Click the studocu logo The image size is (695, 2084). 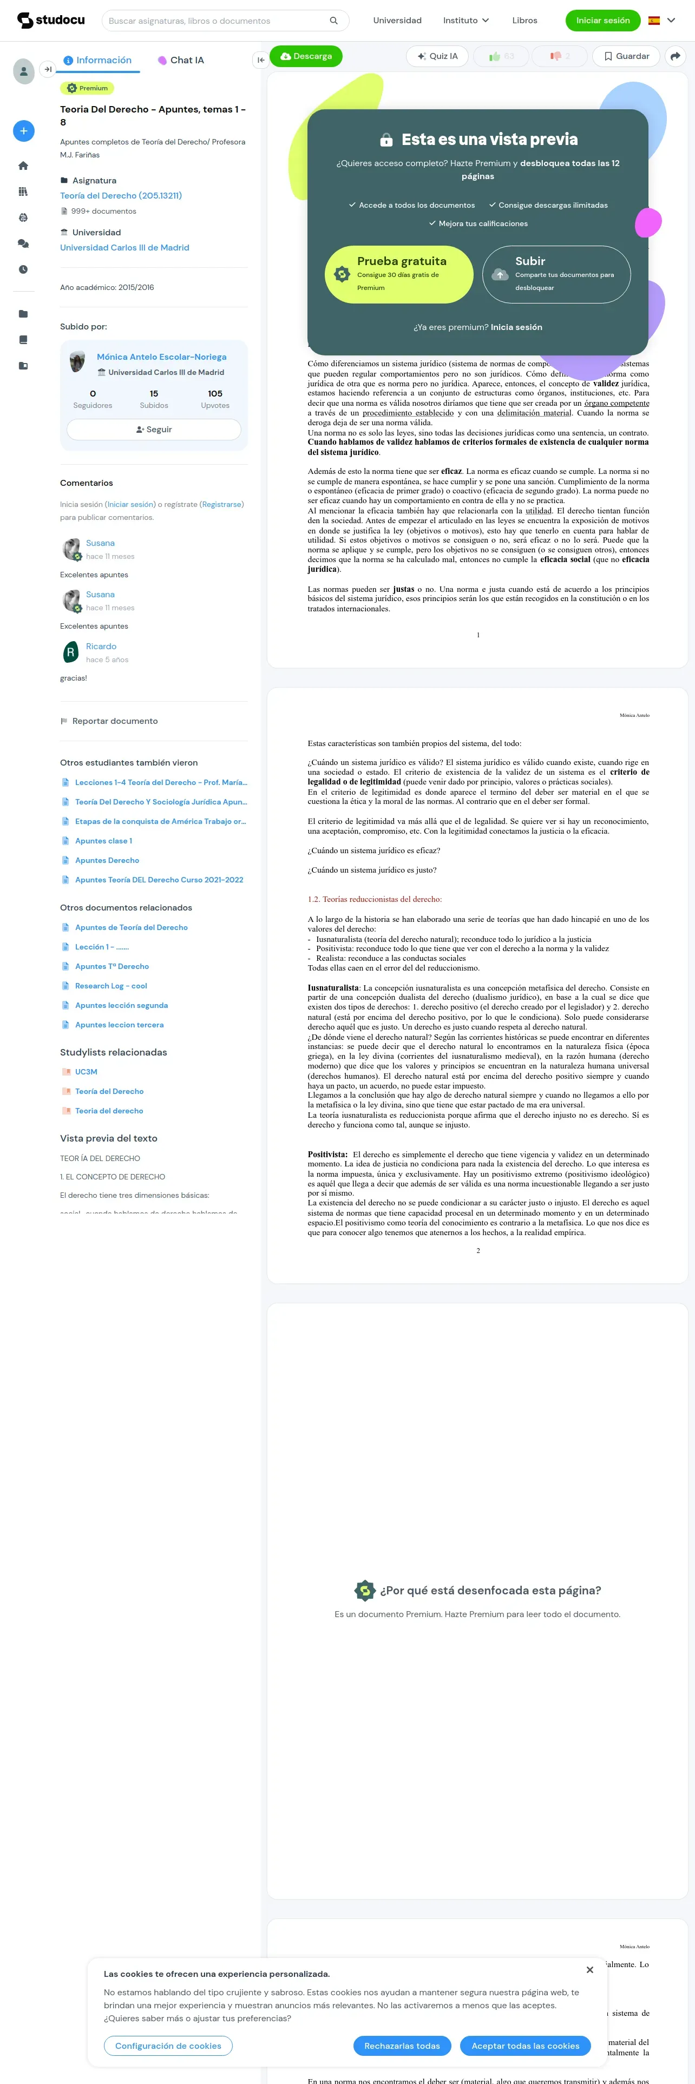point(51,20)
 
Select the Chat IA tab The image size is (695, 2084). point(181,60)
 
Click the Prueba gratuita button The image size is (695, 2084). point(399,274)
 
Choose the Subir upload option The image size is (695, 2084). point(556,274)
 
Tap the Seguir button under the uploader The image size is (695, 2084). point(154,430)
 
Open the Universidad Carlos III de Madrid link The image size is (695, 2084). point(124,248)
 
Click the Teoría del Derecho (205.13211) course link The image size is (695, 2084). point(121,196)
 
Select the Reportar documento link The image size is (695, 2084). point(114,721)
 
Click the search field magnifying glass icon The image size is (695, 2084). point(333,20)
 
